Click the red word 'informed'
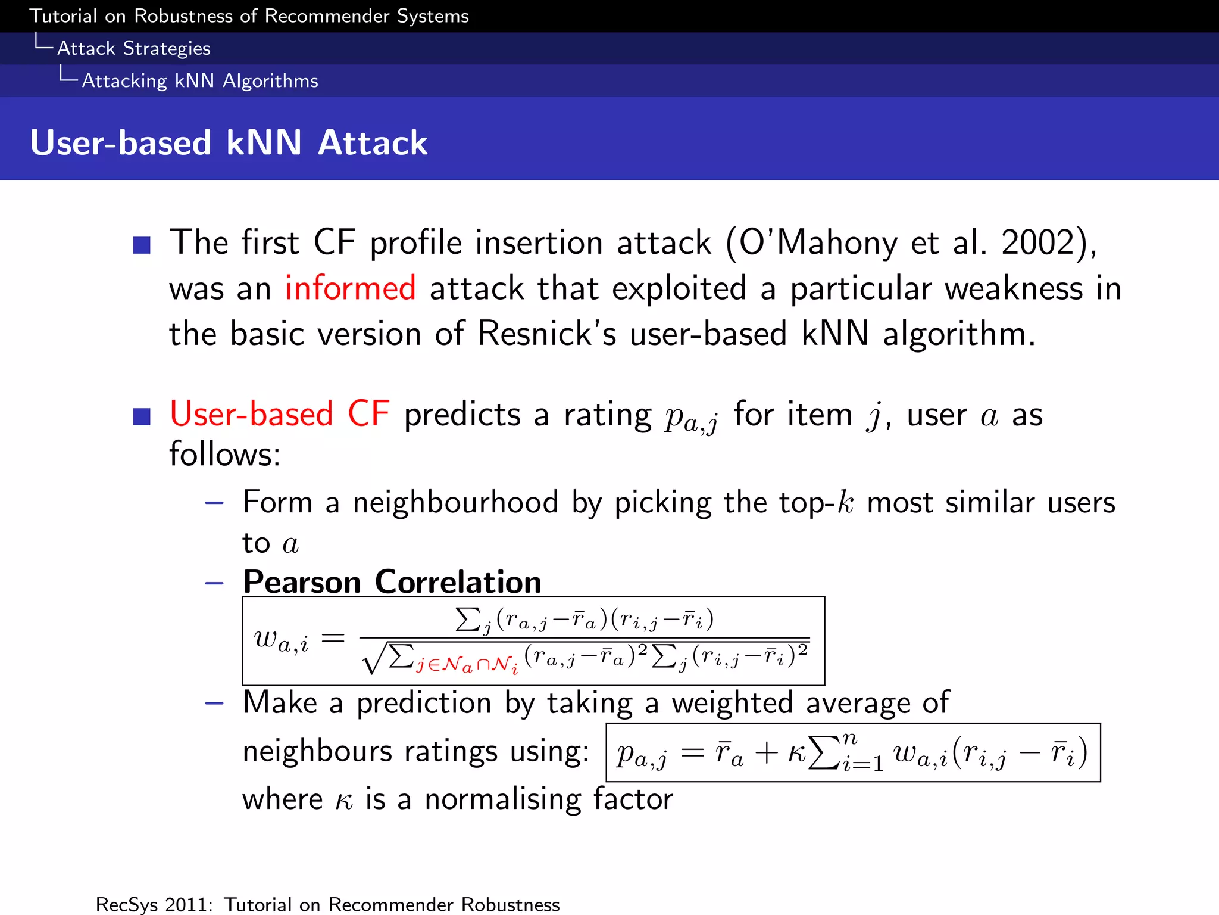[350, 288]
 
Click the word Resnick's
[547, 334]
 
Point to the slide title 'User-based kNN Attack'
[229, 143]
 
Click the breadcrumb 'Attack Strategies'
[133, 48]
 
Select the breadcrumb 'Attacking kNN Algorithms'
[199, 80]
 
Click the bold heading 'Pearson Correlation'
[392, 581]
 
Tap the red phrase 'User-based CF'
[280, 414]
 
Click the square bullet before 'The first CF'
[142, 245]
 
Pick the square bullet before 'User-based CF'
[142, 416]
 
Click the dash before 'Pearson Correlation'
[214, 583]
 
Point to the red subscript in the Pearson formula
[467, 664]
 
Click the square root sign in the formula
[373, 659]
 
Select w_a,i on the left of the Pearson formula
[281, 640]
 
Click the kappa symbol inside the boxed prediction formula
[796, 754]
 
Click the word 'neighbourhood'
[455, 502]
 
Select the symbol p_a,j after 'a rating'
[691, 417]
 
